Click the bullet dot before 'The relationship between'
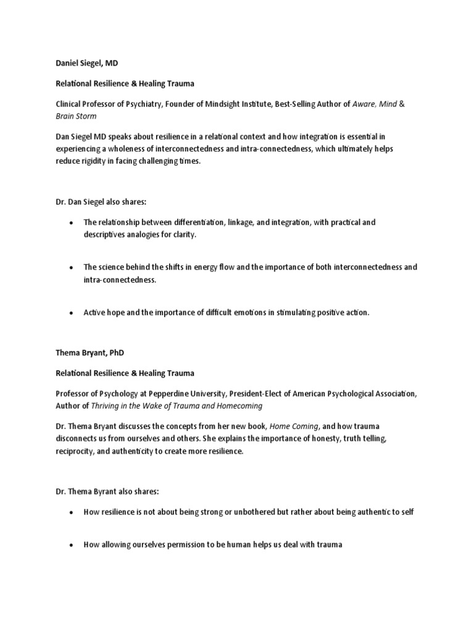point(72,222)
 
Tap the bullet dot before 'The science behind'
point(72,268)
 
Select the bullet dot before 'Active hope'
point(72,313)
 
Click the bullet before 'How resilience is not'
point(72,512)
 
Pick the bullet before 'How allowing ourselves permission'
point(72,545)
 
